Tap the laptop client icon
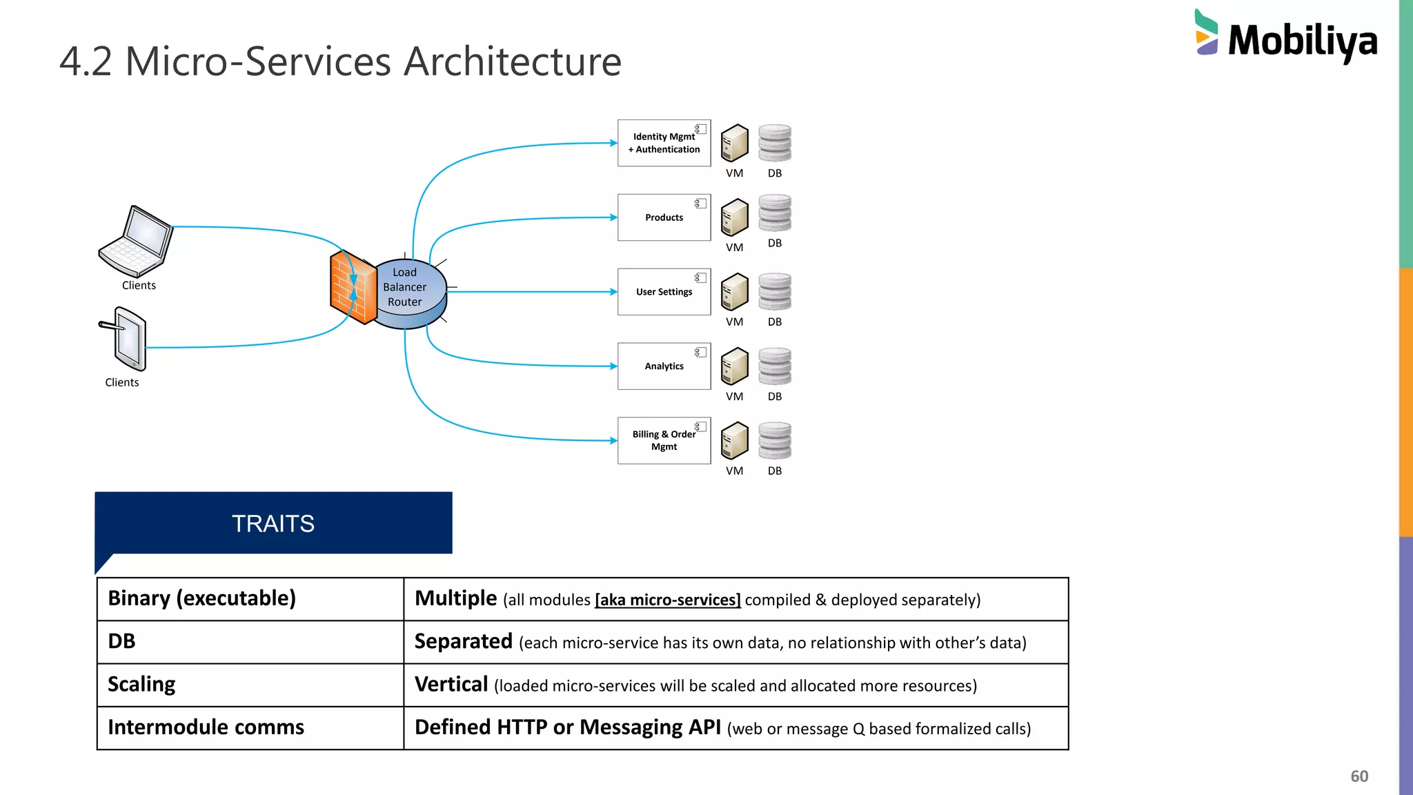(x=136, y=242)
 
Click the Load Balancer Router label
(x=405, y=287)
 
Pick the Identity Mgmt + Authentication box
(x=664, y=143)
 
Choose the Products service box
(x=664, y=217)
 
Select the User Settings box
(x=664, y=292)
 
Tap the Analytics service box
(x=664, y=366)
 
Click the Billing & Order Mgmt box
(x=664, y=440)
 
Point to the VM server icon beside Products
(x=734, y=217)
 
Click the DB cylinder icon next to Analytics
(x=775, y=366)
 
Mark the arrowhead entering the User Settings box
(x=613, y=292)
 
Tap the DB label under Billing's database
(x=775, y=471)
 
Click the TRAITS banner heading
(x=273, y=524)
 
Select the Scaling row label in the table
(x=142, y=685)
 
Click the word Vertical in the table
(x=451, y=685)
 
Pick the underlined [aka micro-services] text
(x=667, y=600)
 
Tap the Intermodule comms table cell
(x=206, y=727)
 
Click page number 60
(x=1358, y=776)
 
